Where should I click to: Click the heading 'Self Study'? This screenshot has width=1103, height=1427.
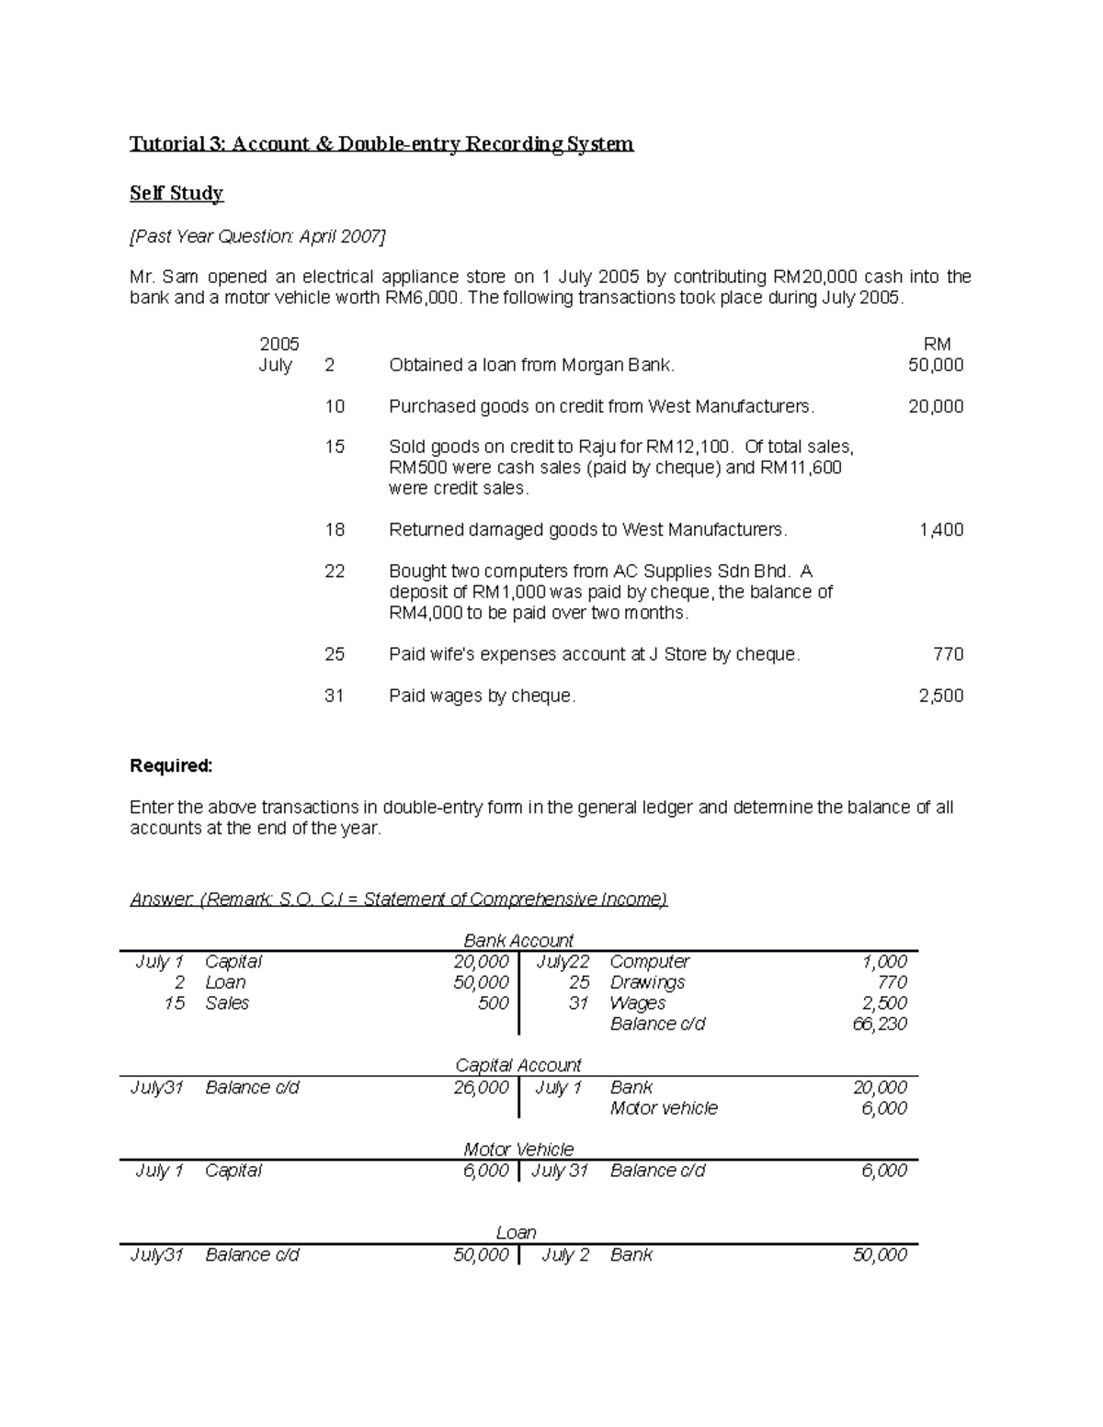tap(176, 193)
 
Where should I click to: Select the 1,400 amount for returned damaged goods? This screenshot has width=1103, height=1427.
tap(940, 530)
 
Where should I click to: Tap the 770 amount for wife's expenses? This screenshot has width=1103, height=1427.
tap(948, 654)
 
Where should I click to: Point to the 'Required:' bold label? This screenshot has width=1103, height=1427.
tap(171, 766)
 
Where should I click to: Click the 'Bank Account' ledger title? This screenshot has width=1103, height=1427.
tap(518, 941)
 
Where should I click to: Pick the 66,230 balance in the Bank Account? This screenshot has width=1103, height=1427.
tap(880, 1024)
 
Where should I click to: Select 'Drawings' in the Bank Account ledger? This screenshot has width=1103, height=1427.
tap(647, 982)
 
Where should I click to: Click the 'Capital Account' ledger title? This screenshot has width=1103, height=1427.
tap(518, 1065)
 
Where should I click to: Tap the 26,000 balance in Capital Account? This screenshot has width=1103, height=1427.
tap(481, 1087)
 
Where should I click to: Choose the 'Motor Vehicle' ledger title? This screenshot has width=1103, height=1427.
tap(518, 1150)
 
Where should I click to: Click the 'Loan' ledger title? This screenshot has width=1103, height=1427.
tap(516, 1233)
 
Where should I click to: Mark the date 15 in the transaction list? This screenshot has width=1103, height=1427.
tap(335, 447)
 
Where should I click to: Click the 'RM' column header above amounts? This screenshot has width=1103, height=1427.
tap(937, 345)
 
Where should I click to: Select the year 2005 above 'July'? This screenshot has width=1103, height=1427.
tap(279, 345)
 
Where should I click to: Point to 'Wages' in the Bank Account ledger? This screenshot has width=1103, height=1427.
tap(636, 1003)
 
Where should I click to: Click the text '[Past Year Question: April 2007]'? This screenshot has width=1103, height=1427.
tap(257, 237)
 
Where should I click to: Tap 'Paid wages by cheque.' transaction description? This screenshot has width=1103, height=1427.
tap(483, 697)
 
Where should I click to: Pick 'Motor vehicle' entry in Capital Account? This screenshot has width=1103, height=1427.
tap(664, 1108)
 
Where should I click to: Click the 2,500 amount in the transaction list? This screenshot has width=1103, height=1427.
tap(940, 697)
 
